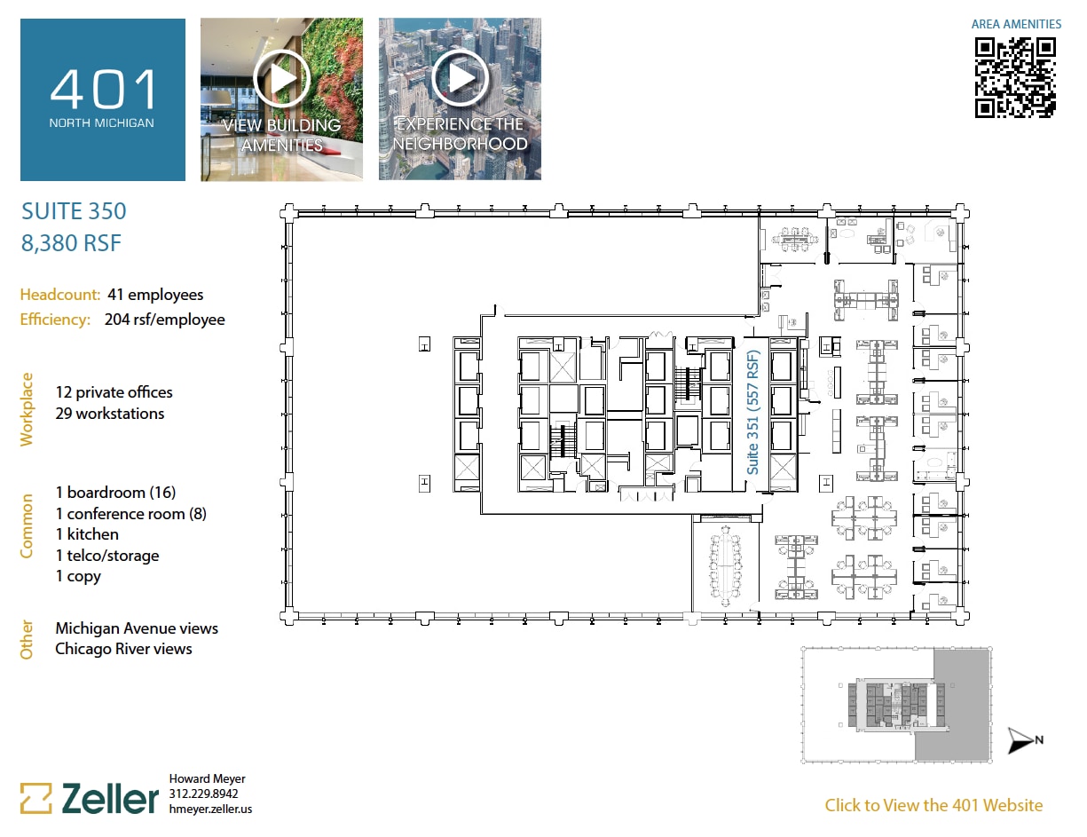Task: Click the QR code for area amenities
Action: (x=1016, y=77)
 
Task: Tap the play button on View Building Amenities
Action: (x=281, y=76)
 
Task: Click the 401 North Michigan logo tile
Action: (x=103, y=99)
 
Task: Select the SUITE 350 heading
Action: (x=74, y=211)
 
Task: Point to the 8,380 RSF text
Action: (x=71, y=242)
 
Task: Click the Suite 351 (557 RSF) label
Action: (x=752, y=413)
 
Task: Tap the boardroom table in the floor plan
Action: (x=726, y=565)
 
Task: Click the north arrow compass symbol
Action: (x=1024, y=740)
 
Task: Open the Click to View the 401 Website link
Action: (x=933, y=805)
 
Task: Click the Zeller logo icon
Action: (x=36, y=798)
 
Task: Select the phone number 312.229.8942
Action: (x=203, y=794)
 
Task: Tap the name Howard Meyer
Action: (x=207, y=779)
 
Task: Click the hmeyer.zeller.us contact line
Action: (x=210, y=809)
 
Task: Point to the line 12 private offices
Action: (x=114, y=392)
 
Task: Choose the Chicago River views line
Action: (x=123, y=649)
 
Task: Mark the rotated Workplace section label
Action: (x=27, y=408)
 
